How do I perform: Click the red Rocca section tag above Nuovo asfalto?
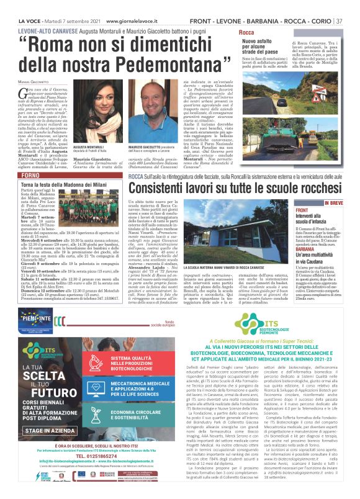pyautogui.click(x=246, y=32)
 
